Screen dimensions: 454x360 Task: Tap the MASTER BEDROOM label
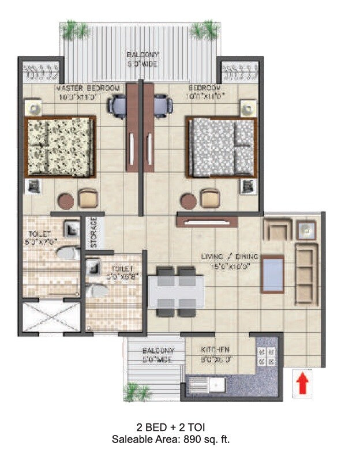coord(87,88)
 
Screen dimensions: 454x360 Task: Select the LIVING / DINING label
coord(230,257)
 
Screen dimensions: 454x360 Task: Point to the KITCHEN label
coord(215,350)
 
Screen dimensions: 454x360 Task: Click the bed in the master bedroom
coord(59,147)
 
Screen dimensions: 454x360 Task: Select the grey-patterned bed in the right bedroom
coord(220,147)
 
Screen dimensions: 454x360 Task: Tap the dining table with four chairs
coord(175,291)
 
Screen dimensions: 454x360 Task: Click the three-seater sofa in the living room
coord(306,273)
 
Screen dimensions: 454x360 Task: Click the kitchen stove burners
coord(266,356)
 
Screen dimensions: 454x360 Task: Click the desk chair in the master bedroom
coord(119,105)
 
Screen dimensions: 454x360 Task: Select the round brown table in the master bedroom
coord(66,201)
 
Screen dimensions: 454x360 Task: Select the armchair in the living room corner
coord(275,229)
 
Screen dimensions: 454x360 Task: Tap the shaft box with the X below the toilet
coord(50,317)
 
